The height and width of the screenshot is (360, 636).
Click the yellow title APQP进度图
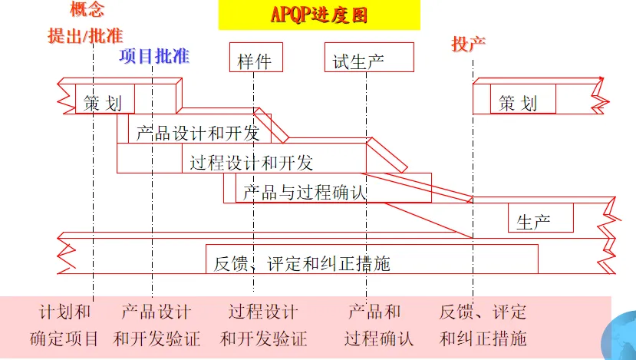(319, 15)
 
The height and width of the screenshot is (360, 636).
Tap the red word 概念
(86, 9)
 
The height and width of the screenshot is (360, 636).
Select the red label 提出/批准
(85, 35)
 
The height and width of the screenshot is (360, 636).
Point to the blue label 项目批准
(153, 56)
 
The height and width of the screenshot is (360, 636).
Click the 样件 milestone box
(255, 61)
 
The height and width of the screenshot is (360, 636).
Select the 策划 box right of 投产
(518, 102)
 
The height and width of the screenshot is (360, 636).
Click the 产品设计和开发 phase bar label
(198, 133)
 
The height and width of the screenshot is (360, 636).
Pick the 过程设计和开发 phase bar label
(252, 162)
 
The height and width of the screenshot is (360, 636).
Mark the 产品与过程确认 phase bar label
(305, 192)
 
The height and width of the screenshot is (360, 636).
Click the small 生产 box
(534, 222)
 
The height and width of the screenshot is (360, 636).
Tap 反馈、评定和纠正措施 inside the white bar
(302, 263)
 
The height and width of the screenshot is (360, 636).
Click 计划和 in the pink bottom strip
(65, 312)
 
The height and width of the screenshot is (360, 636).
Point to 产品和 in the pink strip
(374, 312)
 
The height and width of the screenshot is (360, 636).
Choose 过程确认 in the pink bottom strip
(379, 338)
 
